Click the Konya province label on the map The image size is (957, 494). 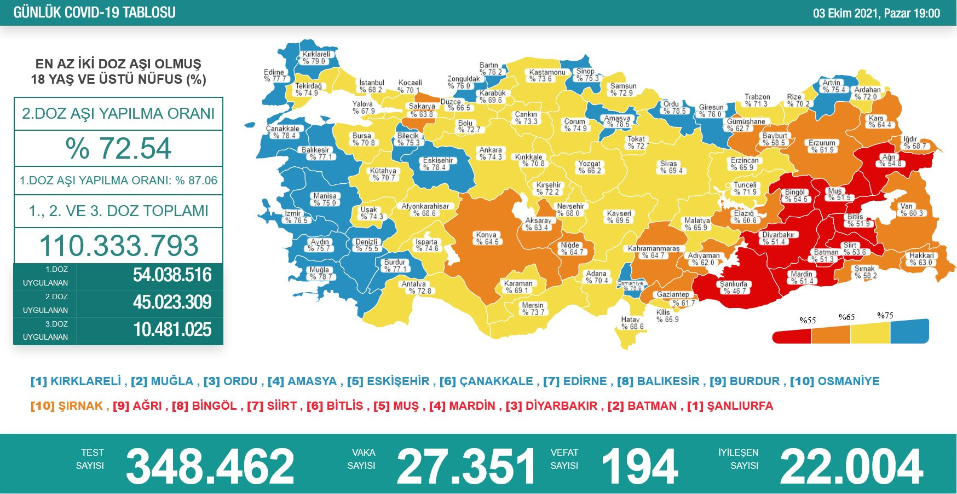[486, 238]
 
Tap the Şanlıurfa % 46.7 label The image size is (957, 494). [733, 287]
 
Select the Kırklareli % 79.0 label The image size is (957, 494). [316, 57]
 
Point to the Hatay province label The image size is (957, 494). [631, 323]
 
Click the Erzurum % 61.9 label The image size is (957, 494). [822, 146]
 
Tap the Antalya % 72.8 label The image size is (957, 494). [416, 287]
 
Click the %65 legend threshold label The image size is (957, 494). [846, 317]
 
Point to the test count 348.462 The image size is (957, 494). [210, 466]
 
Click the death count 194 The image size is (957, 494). [639, 466]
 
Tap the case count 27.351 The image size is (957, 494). [466, 466]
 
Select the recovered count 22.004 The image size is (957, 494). [851, 466]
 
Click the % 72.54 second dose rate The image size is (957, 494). [118, 148]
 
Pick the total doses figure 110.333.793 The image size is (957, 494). [118, 246]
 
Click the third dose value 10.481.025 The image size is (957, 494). [172, 330]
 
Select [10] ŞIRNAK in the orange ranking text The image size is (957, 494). [67, 406]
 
